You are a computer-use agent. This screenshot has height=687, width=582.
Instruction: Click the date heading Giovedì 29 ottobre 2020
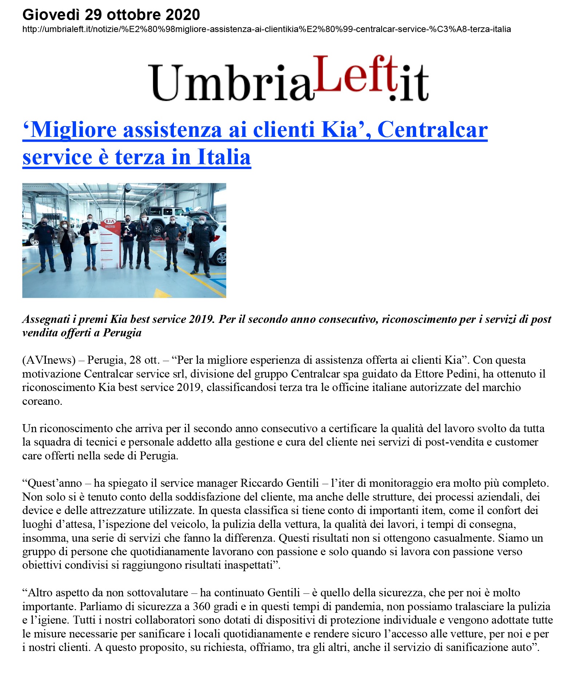(x=111, y=15)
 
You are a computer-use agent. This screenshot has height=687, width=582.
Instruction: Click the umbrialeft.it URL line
(x=266, y=29)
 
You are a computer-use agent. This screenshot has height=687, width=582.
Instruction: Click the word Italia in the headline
(x=224, y=157)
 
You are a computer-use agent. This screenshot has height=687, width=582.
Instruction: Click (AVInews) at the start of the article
(x=49, y=360)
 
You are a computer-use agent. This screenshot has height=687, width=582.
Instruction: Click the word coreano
(x=42, y=401)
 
